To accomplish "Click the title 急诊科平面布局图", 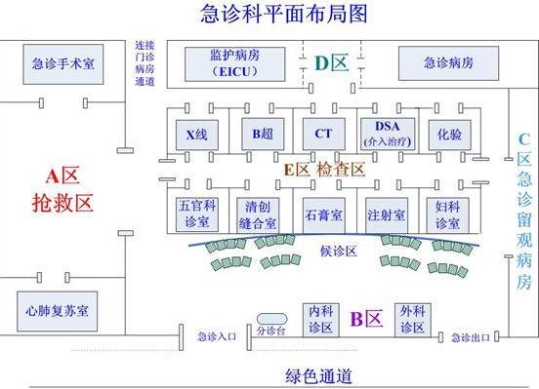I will coord(269,14).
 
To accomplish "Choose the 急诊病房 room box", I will coord(448,64).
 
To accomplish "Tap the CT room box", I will coord(322,132).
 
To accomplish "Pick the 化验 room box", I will coord(448,132).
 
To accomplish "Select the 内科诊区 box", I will coord(321,318).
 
